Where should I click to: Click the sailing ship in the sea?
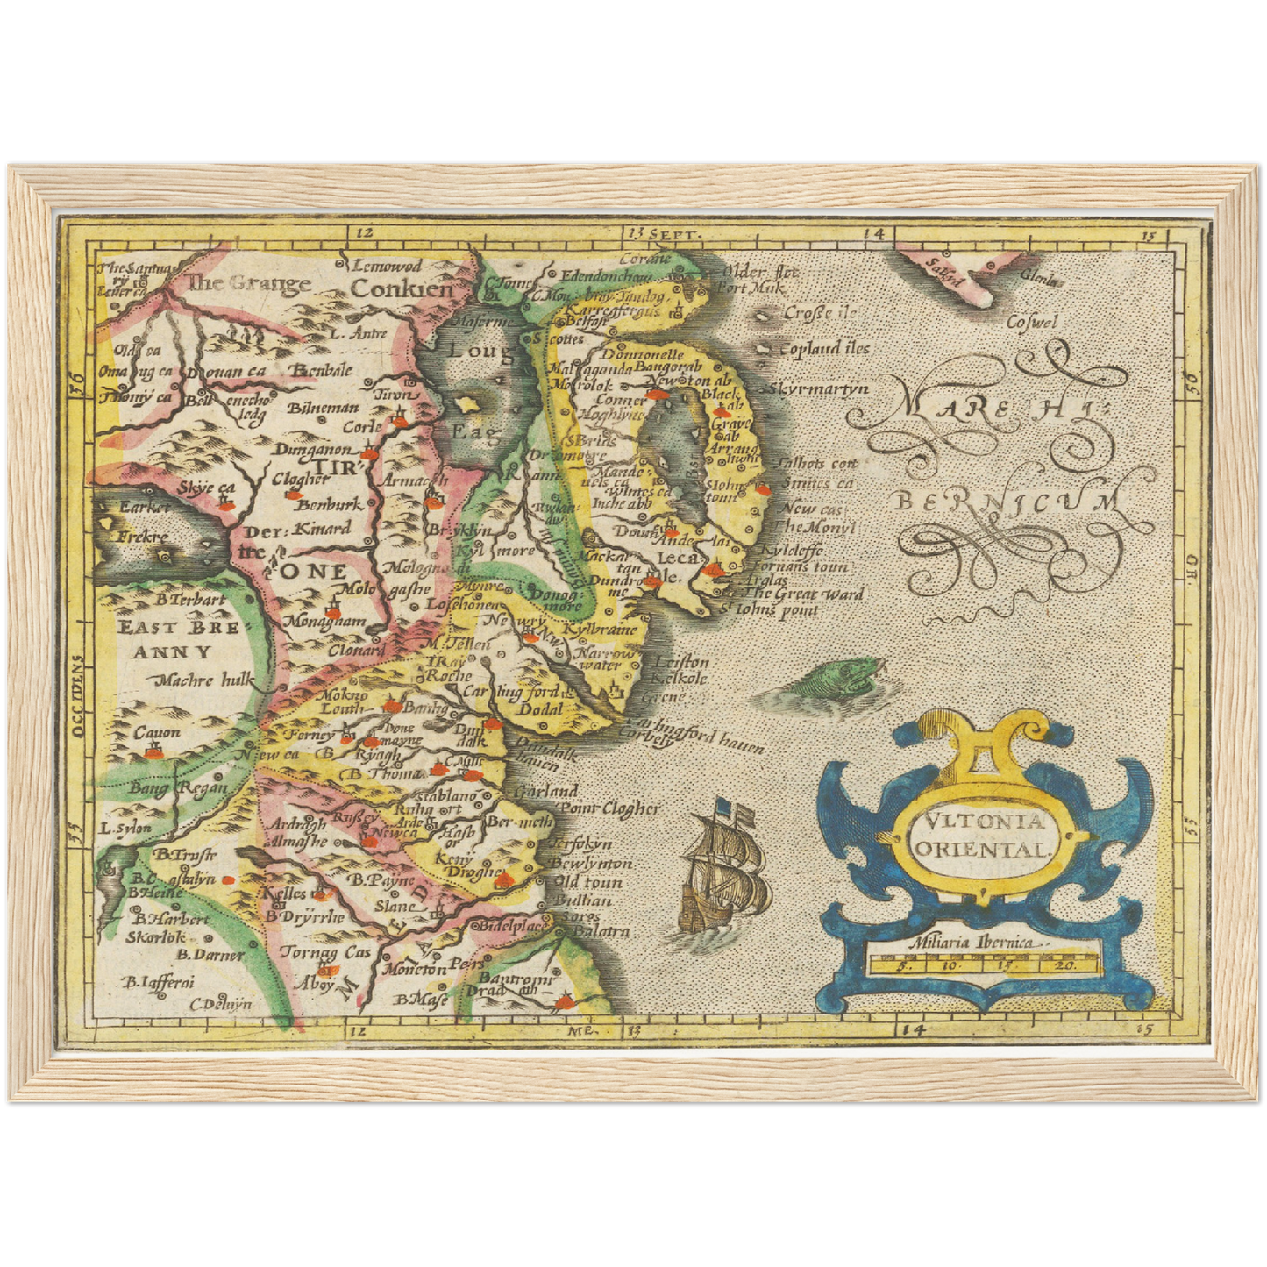click(x=724, y=869)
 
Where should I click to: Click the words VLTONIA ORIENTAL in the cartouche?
click(x=981, y=835)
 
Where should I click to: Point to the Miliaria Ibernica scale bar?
click(x=981, y=963)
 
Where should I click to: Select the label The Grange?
click(x=249, y=282)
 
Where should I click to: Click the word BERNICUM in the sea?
click(x=1007, y=502)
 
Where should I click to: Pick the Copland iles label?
click(x=823, y=348)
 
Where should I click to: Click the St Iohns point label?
click(x=771, y=609)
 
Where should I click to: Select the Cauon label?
click(x=157, y=731)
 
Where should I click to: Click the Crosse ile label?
click(x=819, y=312)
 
